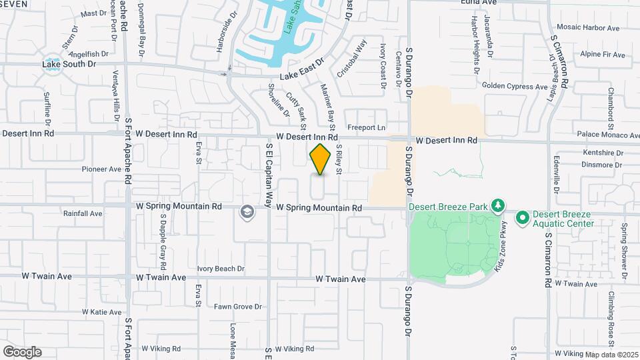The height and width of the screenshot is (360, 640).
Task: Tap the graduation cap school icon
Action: click(248, 212)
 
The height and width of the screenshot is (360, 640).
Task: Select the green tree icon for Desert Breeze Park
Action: click(496, 205)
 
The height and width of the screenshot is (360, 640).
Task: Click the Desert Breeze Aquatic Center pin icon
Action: click(522, 217)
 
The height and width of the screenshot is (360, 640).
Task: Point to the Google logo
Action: click(22, 351)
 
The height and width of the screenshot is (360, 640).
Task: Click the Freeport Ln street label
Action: click(367, 127)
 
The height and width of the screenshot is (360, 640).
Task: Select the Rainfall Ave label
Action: click(83, 213)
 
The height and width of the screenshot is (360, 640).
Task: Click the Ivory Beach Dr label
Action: click(221, 269)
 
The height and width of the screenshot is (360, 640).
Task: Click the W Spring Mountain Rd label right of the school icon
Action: click(319, 208)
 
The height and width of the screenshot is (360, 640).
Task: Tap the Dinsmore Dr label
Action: click(601, 164)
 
